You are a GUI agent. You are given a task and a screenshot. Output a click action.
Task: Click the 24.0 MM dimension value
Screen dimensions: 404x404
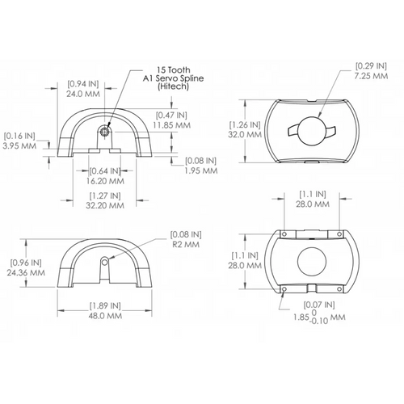pyautogui.click(x=83, y=94)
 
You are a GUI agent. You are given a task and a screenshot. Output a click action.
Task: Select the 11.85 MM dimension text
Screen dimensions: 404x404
pyautogui.click(x=172, y=125)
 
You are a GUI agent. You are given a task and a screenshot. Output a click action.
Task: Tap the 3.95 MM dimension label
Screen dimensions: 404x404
pyautogui.click(x=19, y=146)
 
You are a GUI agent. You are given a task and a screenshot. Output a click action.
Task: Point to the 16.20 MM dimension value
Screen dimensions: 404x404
pyautogui.click(x=105, y=181)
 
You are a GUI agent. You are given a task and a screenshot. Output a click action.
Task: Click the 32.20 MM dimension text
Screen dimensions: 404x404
pyautogui.click(x=105, y=205)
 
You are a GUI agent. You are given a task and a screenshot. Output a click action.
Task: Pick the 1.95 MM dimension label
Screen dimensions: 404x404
pyautogui.click(x=201, y=170)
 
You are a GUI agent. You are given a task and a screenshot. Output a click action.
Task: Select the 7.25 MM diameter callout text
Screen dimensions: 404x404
pyautogui.click(x=371, y=76)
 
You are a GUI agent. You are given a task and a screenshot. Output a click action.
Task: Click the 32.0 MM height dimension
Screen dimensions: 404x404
pyautogui.click(x=245, y=134)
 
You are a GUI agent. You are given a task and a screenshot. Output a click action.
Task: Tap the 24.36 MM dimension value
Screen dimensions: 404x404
pyautogui.click(x=26, y=272)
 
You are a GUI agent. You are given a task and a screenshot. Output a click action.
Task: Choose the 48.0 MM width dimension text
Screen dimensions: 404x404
pyautogui.click(x=105, y=316)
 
